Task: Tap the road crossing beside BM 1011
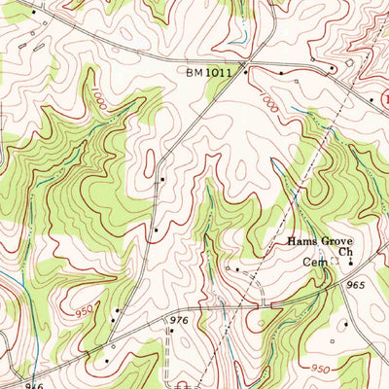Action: tap(246, 70)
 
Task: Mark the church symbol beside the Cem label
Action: tap(350, 262)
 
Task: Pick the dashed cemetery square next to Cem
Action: tap(334, 262)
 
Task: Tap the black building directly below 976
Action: tap(168, 332)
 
